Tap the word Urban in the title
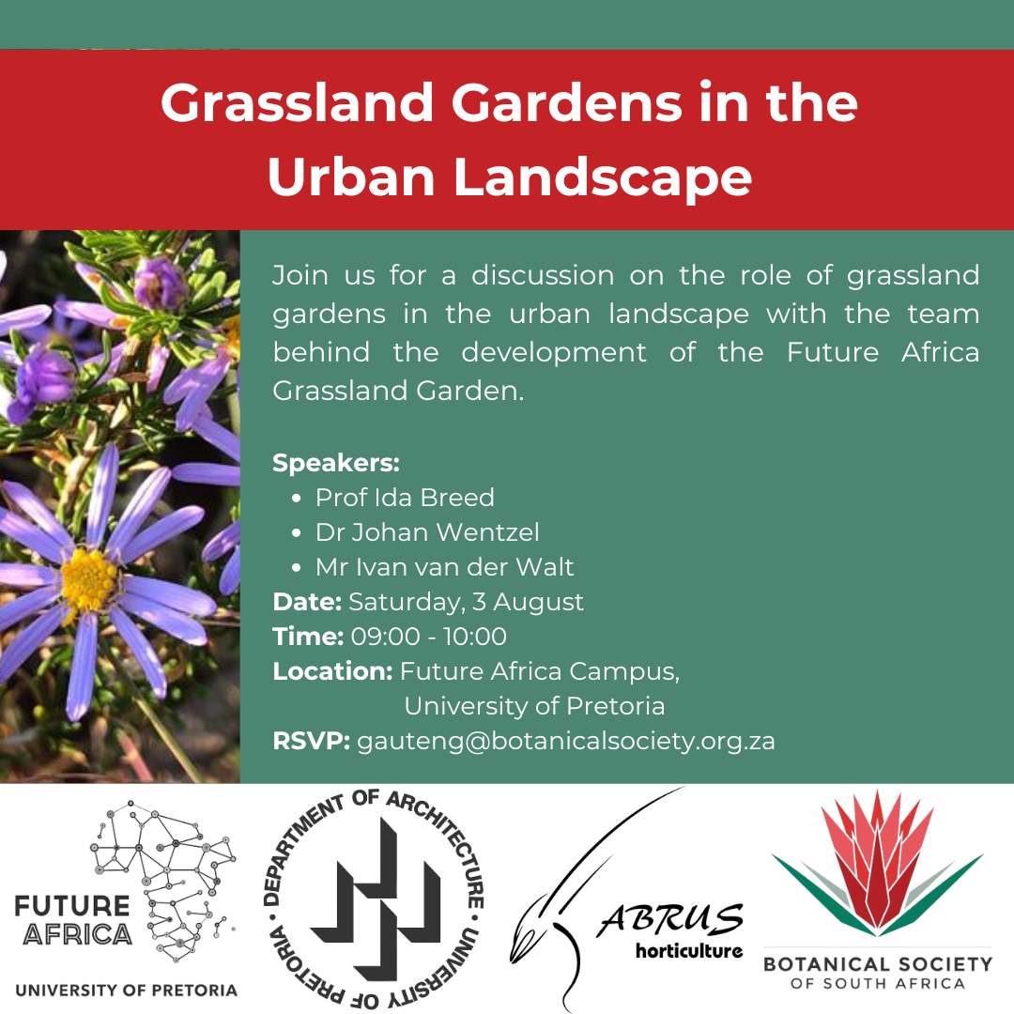click(x=350, y=177)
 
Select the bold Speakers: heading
click(x=336, y=463)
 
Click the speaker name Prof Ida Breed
click(x=405, y=498)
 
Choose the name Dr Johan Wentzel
click(x=427, y=532)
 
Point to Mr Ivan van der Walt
click(x=444, y=567)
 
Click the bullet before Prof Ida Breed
click(x=296, y=499)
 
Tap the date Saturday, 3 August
click(x=466, y=602)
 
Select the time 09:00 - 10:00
click(x=429, y=637)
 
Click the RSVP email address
click(x=566, y=741)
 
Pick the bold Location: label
click(x=332, y=671)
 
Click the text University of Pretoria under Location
click(x=534, y=706)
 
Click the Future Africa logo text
click(x=73, y=920)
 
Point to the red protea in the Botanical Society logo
click(x=878, y=860)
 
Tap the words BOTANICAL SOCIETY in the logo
click(x=878, y=964)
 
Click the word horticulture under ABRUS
click(x=689, y=950)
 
